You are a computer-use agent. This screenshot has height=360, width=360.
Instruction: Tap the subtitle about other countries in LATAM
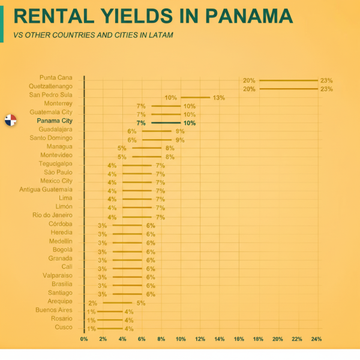[x=93, y=35]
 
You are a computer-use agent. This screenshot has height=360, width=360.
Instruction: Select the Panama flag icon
[x=10, y=119]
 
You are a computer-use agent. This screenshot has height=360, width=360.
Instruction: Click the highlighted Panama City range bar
[x=166, y=123]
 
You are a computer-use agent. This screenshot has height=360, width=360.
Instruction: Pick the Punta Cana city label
[x=56, y=78]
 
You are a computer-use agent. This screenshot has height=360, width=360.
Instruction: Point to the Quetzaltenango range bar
[x=289, y=89]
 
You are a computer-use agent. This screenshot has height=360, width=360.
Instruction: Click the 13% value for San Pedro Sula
[x=218, y=98]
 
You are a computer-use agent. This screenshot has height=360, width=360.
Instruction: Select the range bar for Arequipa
[x=118, y=303]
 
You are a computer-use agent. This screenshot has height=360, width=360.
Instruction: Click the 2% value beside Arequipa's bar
[x=92, y=303]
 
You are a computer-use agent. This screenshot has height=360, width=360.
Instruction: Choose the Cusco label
[x=63, y=327]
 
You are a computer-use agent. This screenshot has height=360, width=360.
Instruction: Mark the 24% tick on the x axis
[x=316, y=340]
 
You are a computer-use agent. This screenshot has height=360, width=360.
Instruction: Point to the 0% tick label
[x=85, y=340]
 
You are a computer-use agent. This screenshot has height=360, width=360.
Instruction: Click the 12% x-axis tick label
[x=200, y=340]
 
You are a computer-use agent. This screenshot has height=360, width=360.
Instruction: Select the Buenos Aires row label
[x=53, y=310]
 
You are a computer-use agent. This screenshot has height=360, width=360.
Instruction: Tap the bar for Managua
[x=147, y=148]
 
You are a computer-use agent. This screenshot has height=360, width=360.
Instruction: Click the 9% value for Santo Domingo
[x=180, y=140]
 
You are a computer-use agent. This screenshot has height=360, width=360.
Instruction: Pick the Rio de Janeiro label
[x=52, y=215]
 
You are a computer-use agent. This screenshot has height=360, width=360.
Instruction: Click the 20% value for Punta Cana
[x=249, y=80]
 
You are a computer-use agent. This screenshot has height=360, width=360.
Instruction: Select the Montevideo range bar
[x=147, y=157]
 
